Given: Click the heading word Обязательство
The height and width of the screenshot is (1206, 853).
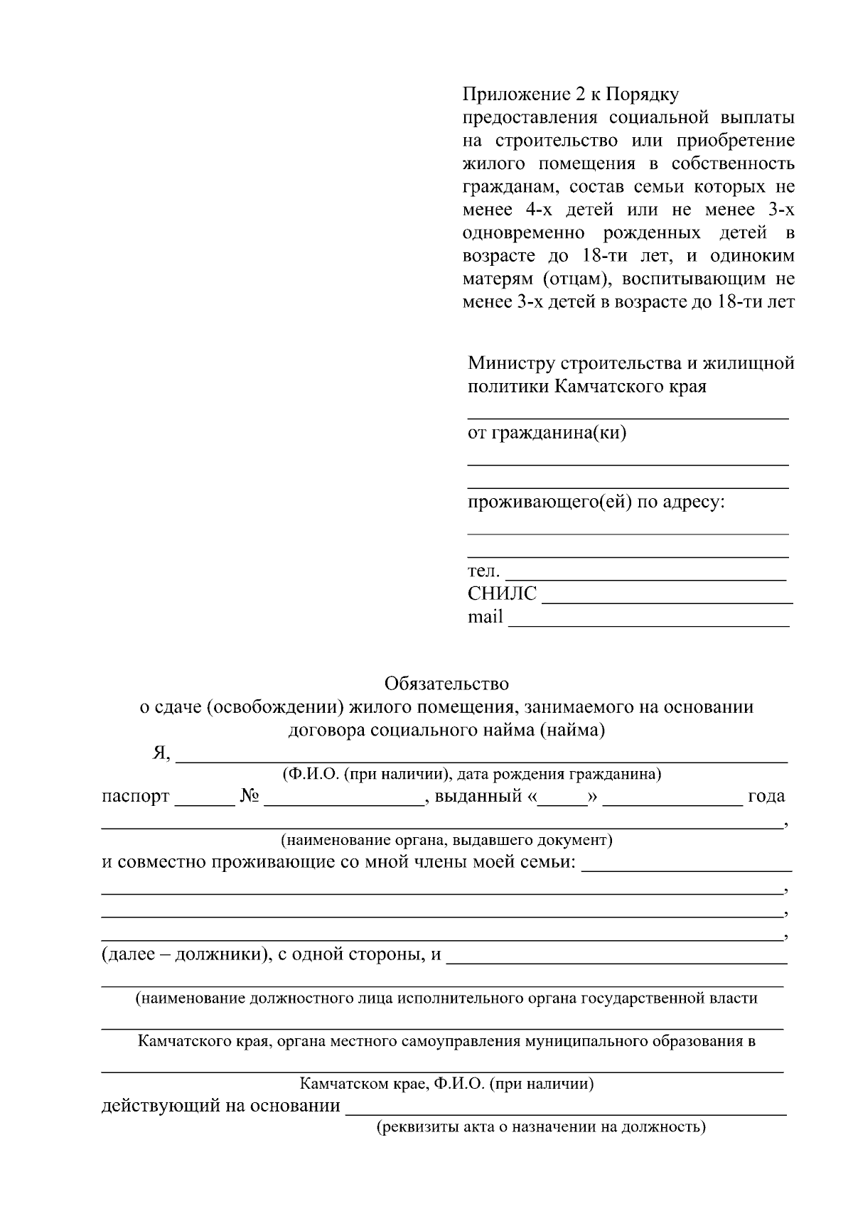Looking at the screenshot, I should point(446,684).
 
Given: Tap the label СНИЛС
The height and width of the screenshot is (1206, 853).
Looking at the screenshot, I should point(502,593).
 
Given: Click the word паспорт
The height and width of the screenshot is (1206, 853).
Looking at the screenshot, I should point(135,796).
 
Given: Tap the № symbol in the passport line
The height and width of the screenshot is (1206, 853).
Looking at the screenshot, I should point(248,796).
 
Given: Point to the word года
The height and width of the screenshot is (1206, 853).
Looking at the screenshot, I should point(766,796).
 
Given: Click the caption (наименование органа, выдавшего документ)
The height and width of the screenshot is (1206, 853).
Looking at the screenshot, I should point(446,840).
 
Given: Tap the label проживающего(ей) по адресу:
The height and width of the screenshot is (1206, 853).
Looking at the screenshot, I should point(596,502).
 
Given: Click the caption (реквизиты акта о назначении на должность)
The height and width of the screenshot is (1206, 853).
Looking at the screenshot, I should point(540,1126).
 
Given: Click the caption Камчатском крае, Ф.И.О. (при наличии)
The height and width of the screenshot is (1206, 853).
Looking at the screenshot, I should point(446,1084).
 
